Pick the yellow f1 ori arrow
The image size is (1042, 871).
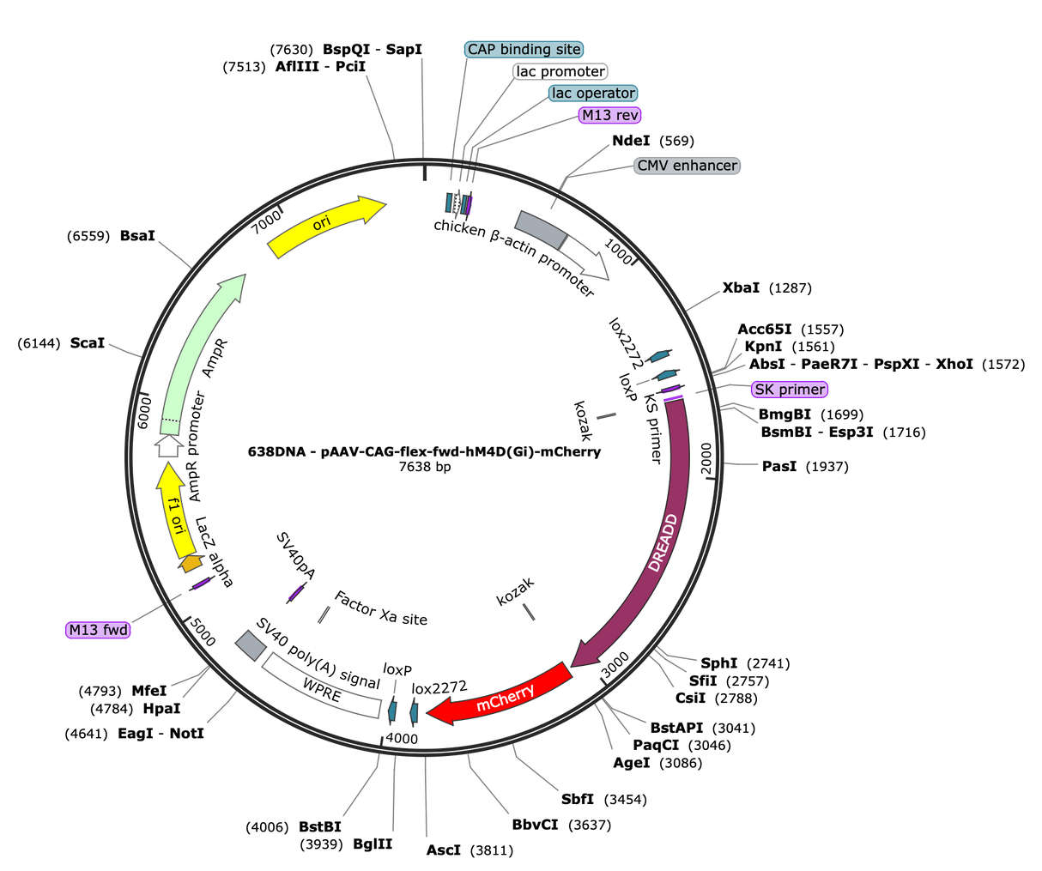(174, 514)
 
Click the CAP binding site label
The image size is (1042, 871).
(524, 50)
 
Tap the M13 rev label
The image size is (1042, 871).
(609, 115)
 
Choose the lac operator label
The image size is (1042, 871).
(593, 94)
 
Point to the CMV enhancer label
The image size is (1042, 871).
(687, 166)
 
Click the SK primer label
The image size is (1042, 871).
(790, 390)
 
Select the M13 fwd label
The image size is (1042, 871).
(98, 630)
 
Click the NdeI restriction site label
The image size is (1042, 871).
(631, 141)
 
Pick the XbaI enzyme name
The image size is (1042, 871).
(741, 287)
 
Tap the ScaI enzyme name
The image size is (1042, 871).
(88, 343)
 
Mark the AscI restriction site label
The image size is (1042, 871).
(443, 850)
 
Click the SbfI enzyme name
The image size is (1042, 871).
(578, 799)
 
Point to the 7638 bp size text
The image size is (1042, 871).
(425, 467)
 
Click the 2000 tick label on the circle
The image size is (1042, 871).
(706, 458)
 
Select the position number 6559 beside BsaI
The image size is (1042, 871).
(88, 236)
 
